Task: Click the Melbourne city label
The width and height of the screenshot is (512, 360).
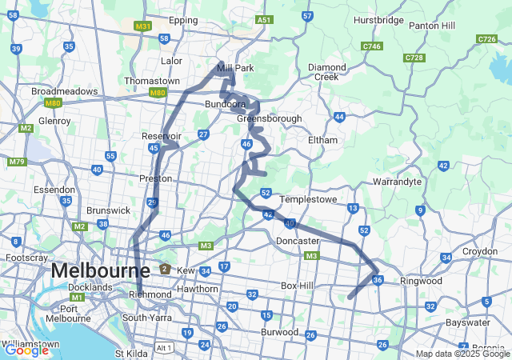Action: (x=99, y=271)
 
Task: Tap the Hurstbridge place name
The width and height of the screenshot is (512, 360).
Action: (x=378, y=20)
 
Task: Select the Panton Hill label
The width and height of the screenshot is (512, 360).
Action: (x=432, y=26)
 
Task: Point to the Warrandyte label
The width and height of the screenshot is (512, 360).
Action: (x=396, y=182)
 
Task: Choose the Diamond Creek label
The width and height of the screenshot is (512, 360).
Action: (x=327, y=72)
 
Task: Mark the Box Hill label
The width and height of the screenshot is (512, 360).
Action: (x=301, y=286)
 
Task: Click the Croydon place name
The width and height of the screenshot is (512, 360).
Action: (x=479, y=251)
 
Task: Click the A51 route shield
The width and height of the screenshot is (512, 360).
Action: (x=265, y=19)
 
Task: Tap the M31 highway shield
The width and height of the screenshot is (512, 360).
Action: (x=143, y=26)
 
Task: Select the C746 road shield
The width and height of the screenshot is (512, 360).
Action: (x=371, y=47)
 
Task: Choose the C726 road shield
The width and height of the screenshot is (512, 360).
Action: (x=486, y=38)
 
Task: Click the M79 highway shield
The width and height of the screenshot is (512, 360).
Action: (x=16, y=162)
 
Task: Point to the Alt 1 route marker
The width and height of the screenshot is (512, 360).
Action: (x=164, y=347)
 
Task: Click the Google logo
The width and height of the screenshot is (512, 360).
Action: (x=26, y=350)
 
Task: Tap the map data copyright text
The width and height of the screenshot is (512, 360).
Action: (x=462, y=354)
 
